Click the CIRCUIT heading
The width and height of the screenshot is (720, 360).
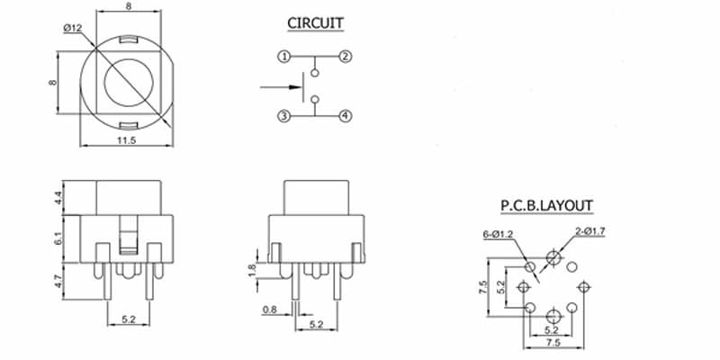[x=315, y=22]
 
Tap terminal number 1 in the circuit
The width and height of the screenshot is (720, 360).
[x=283, y=57]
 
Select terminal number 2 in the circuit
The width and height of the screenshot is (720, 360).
[x=346, y=57]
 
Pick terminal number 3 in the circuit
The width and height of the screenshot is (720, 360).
[x=283, y=116]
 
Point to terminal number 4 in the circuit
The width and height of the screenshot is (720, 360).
[x=346, y=116]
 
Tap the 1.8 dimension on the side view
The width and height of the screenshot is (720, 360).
[x=252, y=268]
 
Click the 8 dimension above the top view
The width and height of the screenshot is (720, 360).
[x=130, y=7]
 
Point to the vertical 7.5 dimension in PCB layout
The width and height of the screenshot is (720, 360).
[x=484, y=287]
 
